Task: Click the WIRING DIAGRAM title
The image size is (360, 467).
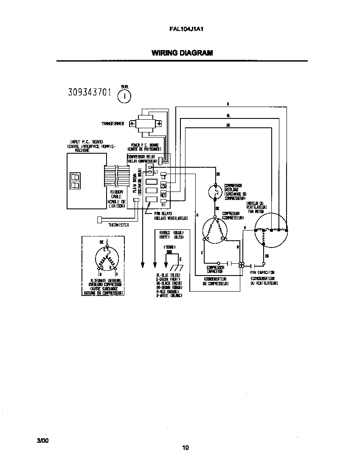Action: (182, 53)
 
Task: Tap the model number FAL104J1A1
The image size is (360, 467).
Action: (182, 30)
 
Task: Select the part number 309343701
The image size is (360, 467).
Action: (90, 93)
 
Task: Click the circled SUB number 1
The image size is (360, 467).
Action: (124, 96)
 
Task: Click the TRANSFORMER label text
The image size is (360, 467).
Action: (112, 124)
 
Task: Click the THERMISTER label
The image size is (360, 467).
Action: (118, 225)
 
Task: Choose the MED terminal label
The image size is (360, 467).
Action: (163, 196)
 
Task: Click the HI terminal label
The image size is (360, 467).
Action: (163, 205)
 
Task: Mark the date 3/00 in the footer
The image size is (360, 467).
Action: (43, 440)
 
